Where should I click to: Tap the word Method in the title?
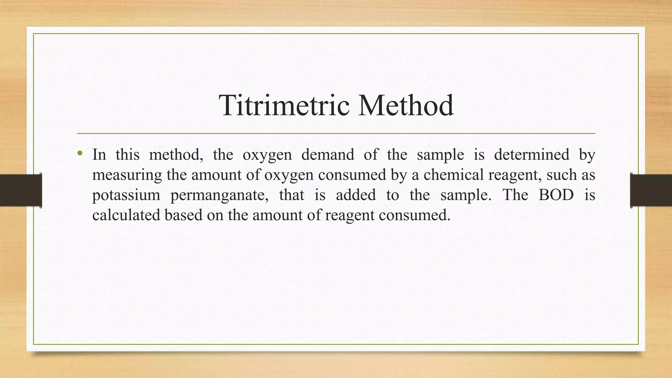406,105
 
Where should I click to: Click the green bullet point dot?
80,153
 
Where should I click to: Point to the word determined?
532,155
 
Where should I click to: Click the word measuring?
127,175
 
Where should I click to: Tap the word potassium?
126,195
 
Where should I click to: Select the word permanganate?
220,195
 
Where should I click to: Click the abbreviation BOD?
556,195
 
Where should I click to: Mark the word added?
356,195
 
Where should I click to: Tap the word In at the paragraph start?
99,155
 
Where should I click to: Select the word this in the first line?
127,155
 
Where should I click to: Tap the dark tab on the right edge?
651,190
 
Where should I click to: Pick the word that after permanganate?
291,195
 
